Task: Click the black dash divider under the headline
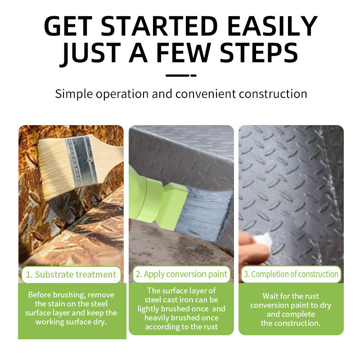pos(181,75)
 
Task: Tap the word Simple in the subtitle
pos(74,94)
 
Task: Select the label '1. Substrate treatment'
pos(71,274)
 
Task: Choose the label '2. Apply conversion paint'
pos(181,274)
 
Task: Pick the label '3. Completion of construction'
pos(291,274)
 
